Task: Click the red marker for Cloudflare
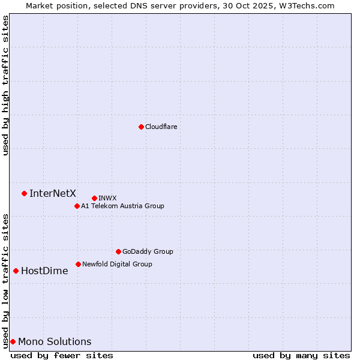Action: (x=141, y=127)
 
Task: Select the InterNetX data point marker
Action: (x=24, y=193)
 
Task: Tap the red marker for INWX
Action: (x=94, y=198)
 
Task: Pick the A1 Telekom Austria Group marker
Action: (x=77, y=206)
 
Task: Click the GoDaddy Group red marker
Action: (x=118, y=251)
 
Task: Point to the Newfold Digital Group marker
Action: (x=78, y=264)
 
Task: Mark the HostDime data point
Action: (x=16, y=271)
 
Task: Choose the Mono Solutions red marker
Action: (x=13, y=341)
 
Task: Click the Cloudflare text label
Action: (x=161, y=127)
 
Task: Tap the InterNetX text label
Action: (x=53, y=193)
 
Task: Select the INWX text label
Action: (x=107, y=198)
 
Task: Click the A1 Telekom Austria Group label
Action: (x=122, y=206)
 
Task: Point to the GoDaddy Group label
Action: (x=148, y=251)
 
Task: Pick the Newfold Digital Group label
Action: (x=117, y=264)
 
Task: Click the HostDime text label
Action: (x=44, y=271)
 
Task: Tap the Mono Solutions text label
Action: (x=55, y=341)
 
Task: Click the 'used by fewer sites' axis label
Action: (x=62, y=355)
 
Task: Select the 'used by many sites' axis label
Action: (x=301, y=355)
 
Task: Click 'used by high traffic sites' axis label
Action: (x=5, y=85)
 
